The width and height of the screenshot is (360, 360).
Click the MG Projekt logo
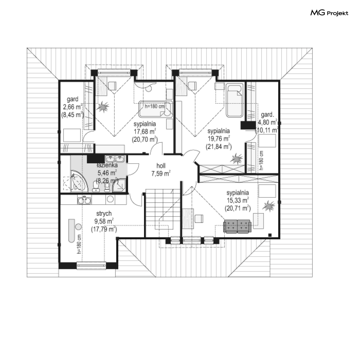coord(329,13)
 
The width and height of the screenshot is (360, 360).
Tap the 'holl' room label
coord(161,166)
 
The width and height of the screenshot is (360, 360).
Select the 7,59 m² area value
coord(161,173)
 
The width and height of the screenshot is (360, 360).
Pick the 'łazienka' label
coord(107,166)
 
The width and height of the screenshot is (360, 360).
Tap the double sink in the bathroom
coord(115,159)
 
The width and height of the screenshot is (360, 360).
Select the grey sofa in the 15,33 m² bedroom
coord(237,227)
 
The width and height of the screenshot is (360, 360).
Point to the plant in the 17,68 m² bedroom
coord(103,107)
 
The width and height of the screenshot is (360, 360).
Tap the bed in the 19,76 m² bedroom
coord(234,100)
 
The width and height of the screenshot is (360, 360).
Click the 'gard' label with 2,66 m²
coord(73,99)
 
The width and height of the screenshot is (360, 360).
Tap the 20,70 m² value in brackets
coord(145,138)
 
